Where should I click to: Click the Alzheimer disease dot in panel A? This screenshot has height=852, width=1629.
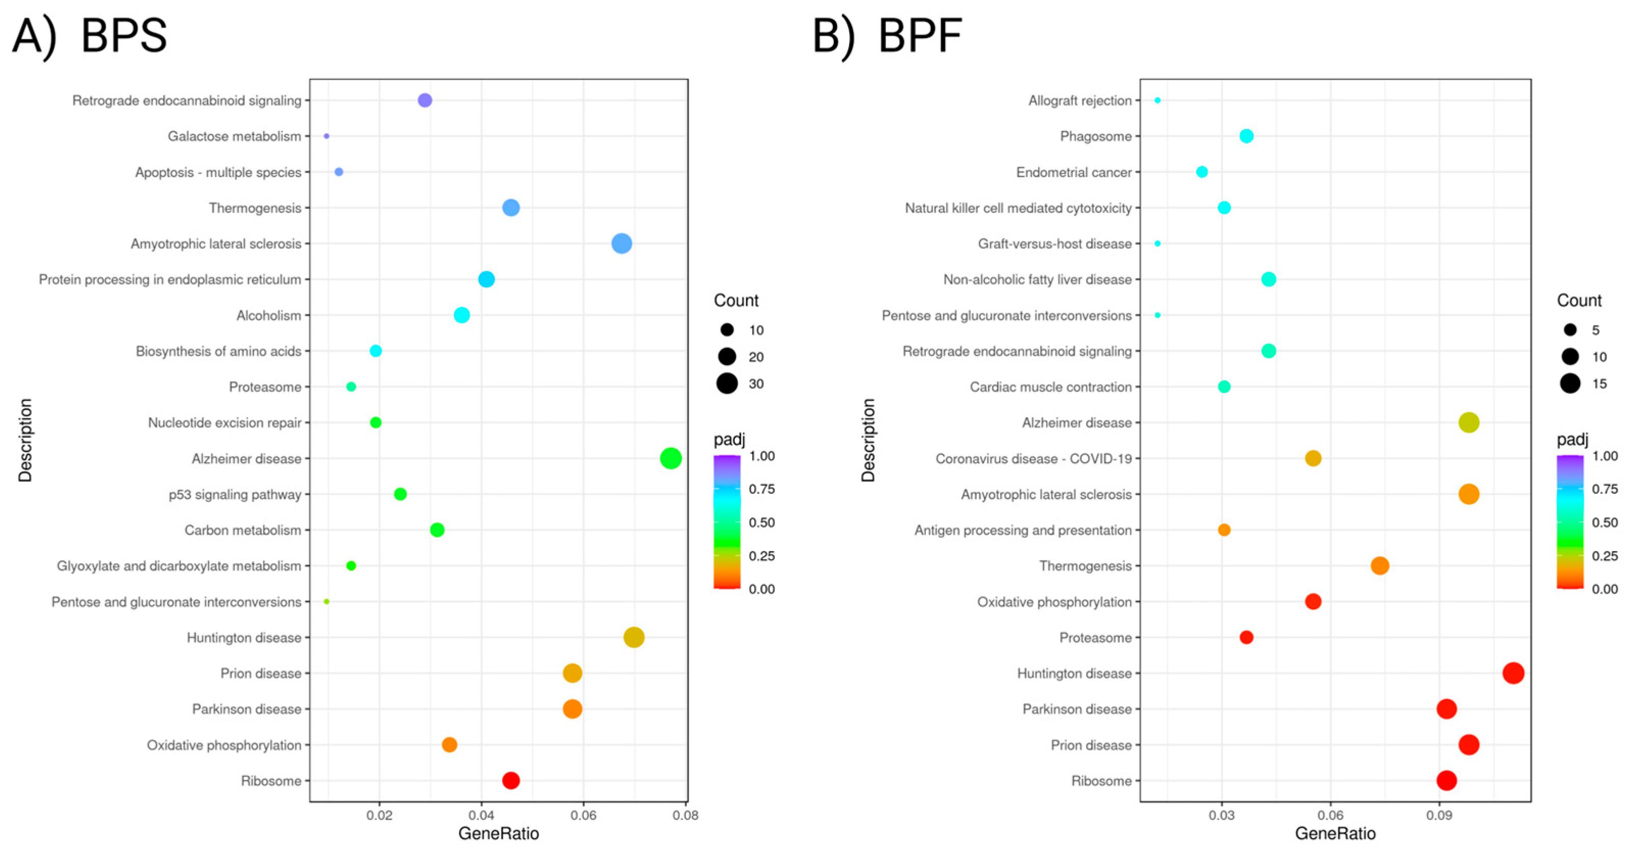pyautogui.click(x=670, y=458)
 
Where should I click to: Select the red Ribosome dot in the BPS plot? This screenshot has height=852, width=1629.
pyautogui.click(x=511, y=781)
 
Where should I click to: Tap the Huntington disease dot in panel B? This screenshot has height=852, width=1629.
pyautogui.click(x=1513, y=673)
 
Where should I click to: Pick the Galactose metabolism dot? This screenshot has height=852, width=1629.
pyautogui.click(x=326, y=136)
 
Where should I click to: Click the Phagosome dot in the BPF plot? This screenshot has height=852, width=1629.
pyautogui.click(x=1246, y=136)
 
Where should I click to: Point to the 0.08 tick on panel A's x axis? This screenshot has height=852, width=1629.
pyautogui.click(x=685, y=815)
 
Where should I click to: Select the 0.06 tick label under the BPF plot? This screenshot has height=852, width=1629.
pyautogui.click(x=1330, y=815)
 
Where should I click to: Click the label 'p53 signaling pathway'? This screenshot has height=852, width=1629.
pyautogui.click(x=235, y=494)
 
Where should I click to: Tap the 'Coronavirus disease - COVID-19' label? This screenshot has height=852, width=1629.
pyautogui.click(x=1033, y=458)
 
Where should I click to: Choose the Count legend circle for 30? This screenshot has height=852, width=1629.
pyautogui.click(x=727, y=384)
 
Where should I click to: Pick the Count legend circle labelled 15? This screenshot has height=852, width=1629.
pyautogui.click(x=1570, y=384)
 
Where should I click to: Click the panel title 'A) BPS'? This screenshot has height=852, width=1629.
pyautogui.click(x=90, y=36)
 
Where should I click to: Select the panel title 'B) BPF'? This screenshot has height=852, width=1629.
pyautogui.click(x=886, y=36)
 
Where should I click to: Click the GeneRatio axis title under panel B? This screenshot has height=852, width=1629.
pyautogui.click(x=1335, y=834)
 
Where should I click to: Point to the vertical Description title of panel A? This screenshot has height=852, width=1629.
pyautogui.click(x=26, y=440)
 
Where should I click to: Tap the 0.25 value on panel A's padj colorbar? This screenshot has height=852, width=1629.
pyautogui.click(x=761, y=556)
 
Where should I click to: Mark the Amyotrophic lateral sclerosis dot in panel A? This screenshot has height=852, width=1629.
pyautogui.click(x=621, y=243)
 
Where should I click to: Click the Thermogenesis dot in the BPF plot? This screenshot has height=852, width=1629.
pyautogui.click(x=1379, y=566)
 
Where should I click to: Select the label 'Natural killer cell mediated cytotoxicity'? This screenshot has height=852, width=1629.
pyautogui.click(x=1018, y=208)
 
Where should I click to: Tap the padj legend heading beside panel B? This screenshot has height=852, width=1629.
pyautogui.click(x=1572, y=439)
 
